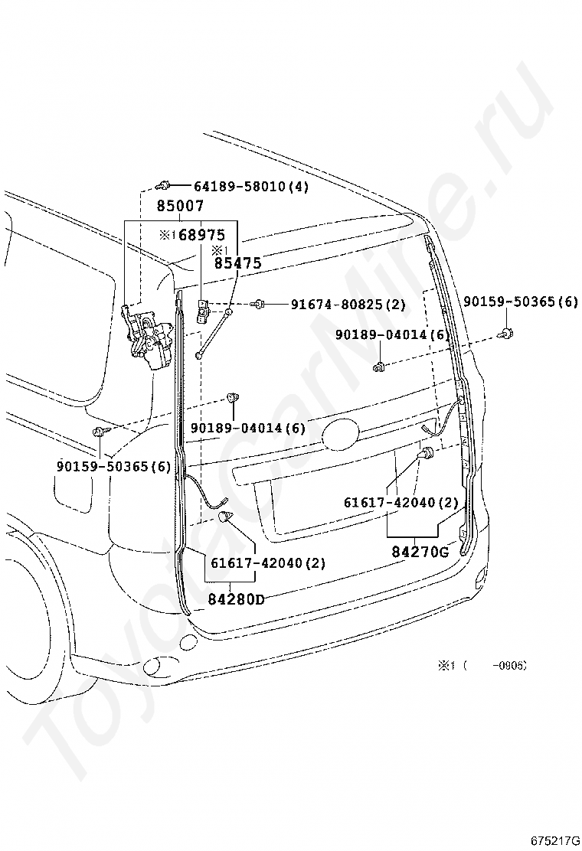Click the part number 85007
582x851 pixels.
click(x=180, y=206)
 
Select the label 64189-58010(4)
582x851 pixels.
click(x=250, y=186)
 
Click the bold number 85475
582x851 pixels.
click(x=237, y=263)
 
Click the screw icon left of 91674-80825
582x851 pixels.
click(x=260, y=305)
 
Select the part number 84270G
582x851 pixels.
click(x=420, y=551)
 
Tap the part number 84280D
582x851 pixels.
click(x=237, y=598)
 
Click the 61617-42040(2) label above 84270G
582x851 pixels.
click(x=401, y=503)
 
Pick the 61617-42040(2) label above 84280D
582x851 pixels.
click(x=268, y=563)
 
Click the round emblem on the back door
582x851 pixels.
click(x=340, y=435)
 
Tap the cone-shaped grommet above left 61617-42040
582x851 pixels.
click(x=225, y=519)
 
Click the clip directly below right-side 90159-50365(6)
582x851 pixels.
click(x=507, y=332)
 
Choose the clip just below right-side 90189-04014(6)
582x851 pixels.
click(x=379, y=367)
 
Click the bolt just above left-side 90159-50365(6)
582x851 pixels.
click(x=100, y=433)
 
